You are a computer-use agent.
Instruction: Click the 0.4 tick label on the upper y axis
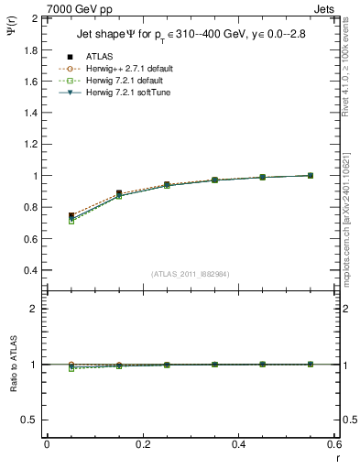30,271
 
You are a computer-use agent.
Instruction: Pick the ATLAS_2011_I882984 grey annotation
190,274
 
